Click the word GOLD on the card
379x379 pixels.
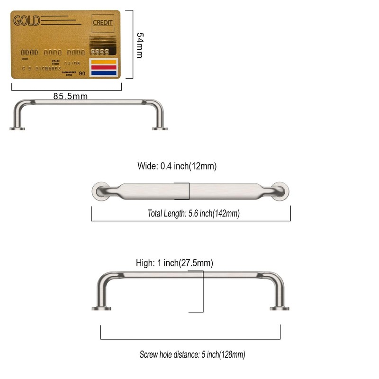[x=27, y=21]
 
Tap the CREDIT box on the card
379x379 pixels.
[x=103, y=22]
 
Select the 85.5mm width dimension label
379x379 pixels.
[x=70, y=96]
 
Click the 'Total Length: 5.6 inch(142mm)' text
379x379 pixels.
[x=193, y=214]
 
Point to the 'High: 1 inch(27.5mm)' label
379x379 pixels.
[x=174, y=263]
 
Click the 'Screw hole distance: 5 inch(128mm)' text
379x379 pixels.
[x=192, y=354]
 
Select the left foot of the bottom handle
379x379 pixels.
[x=101, y=308]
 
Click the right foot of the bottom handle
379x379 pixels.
[x=280, y=308]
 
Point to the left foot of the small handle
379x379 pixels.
[x=17, y=128]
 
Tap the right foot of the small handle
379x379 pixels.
[x=159, y=128]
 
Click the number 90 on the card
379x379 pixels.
[x=82, y=73]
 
